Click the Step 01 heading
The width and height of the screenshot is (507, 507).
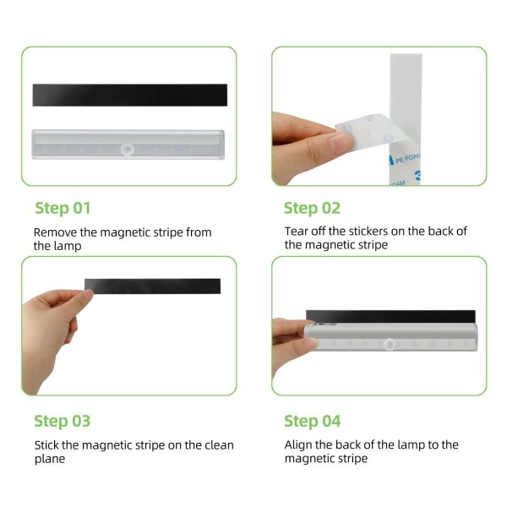[x=63, y=208]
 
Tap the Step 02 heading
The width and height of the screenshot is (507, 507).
[x=312, y=208]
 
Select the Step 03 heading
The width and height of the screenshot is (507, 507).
[x=63, y=421]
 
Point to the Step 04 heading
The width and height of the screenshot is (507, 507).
[x=312, y=421]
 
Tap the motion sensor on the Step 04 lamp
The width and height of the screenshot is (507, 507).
[x=390, y=346]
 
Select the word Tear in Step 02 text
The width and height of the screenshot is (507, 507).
[x=297, y=232]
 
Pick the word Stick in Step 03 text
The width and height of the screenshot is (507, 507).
[x=48, y=444]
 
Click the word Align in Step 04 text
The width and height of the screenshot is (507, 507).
[x=300, y=444]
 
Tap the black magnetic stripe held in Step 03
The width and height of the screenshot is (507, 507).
[x=152, y=286]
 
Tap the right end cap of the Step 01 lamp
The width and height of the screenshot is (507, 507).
[x=221, y=144]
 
